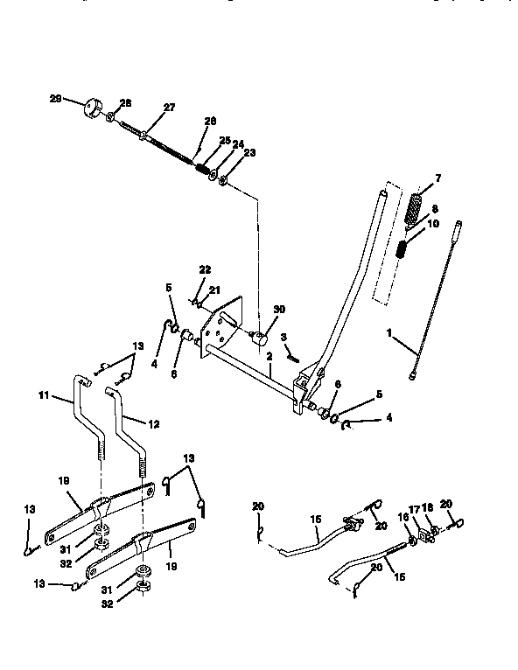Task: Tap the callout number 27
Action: [169, 107]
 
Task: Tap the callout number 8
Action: [433, 210]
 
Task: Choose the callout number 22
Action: [204, 269]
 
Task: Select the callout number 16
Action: [402, 518]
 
